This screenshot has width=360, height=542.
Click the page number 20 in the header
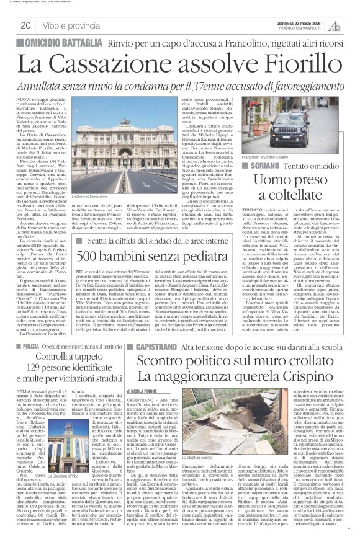coord(25,25)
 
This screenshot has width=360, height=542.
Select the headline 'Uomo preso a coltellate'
coord(309,172)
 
